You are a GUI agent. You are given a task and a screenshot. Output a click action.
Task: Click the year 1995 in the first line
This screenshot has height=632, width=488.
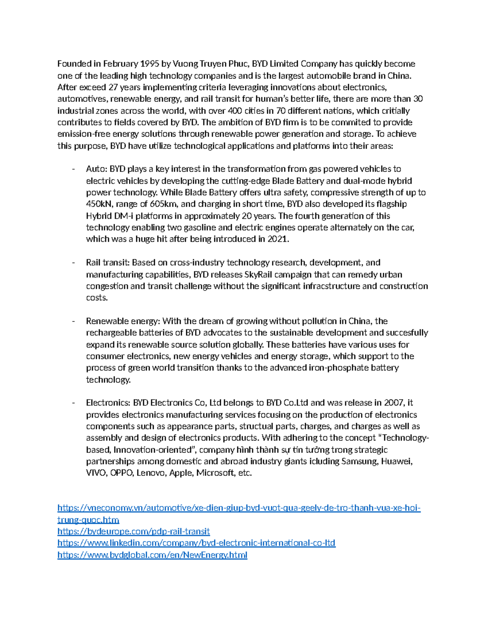pos(150,63)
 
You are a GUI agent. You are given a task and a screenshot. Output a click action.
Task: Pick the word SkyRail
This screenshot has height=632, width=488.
pos(258,274)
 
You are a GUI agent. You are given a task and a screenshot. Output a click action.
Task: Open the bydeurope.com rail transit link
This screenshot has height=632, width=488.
pos(133,531)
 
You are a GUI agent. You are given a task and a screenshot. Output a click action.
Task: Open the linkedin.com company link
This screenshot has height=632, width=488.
pos(196,543)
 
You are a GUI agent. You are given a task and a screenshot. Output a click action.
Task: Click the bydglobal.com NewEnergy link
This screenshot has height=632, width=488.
pos(152,555)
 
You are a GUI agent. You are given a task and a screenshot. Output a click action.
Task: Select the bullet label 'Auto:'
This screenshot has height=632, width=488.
pos(96,169)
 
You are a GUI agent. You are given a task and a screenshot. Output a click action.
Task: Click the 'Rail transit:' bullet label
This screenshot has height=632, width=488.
pos(108,262)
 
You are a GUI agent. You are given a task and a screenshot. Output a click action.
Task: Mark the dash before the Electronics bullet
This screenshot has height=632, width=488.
pos(73,403)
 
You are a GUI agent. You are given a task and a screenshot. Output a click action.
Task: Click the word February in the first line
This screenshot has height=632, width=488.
pos(120,63)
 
